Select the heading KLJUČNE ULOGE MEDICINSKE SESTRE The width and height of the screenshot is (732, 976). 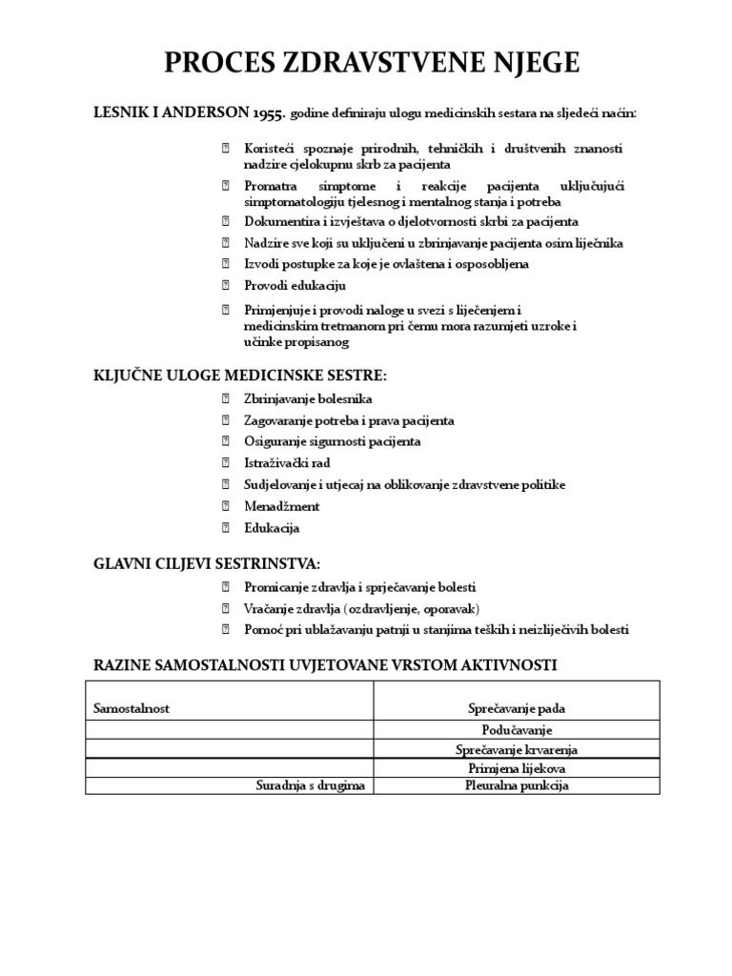pyautogui.click(x=239, y=374)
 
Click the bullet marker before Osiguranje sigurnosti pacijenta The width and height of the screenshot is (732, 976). pyautogui.click(x=226, y=442)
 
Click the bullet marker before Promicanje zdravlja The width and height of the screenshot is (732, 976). pyautogui.click(x=226, y=587)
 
